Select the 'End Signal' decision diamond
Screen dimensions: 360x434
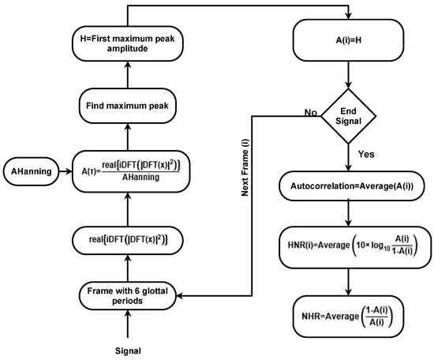(346, 116)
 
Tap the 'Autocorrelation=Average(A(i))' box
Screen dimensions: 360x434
(346, 186)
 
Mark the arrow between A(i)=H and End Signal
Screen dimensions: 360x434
(346, 75)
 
